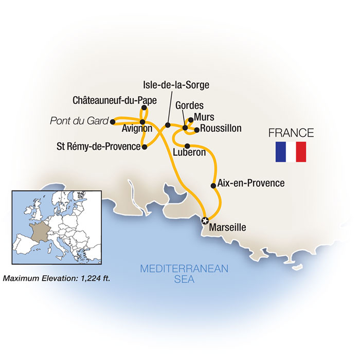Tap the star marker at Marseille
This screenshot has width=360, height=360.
tap(205, 221)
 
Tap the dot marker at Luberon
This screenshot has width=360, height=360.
tap(187, 145)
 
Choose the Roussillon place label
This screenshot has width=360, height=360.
tap(221, 129)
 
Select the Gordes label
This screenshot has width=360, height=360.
tap(189, 105)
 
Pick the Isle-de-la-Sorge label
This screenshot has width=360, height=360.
tap(176, 85)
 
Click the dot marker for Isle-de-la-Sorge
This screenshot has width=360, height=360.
tap(167, 124)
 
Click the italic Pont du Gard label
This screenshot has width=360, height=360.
tap(79, 121)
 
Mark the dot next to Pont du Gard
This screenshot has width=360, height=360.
tap(112, 122)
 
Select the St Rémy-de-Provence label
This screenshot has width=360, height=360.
tap(99, 147)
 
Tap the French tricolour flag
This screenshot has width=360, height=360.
tap(291, 152)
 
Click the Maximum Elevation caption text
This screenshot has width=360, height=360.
tap(58, 279)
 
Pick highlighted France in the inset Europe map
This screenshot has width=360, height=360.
tap(39, 231)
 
